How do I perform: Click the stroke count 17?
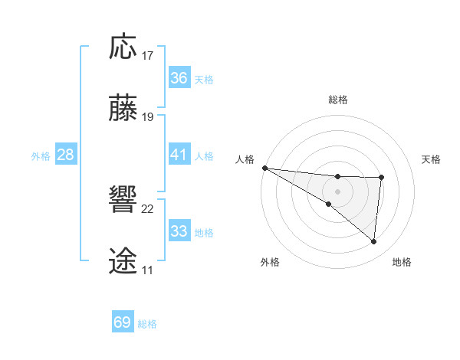pos(148,56)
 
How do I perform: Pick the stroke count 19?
pos(148,117)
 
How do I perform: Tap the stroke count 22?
pos(148,209)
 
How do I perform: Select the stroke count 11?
pos(147,270)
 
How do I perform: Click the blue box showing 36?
pos(179,78)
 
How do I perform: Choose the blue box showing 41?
pos(179,155)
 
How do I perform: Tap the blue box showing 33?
pos(179,231)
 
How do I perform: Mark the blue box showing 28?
pos(66,155)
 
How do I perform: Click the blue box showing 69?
pos(123,322)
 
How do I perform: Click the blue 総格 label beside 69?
pos(147,324)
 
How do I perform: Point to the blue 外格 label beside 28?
pos(41,156)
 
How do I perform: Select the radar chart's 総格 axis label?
pos(338,100)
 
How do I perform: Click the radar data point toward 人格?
pos(264,168)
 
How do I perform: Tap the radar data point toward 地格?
pos(374,241)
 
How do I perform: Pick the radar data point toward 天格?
pos(381,178)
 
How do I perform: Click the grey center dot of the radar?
pos(337,191)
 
